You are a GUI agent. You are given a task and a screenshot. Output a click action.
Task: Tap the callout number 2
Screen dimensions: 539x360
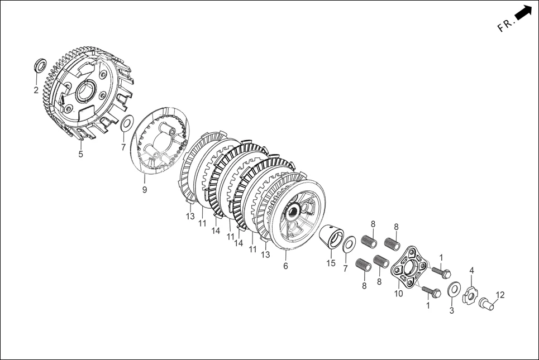tap(36, 90)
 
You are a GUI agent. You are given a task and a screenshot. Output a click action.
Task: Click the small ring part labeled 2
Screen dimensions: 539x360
tap(41, 65)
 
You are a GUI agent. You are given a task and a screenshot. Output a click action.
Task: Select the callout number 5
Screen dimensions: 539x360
tap(80, 154)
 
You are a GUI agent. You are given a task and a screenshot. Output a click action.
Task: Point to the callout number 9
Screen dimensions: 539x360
tap(144, 190)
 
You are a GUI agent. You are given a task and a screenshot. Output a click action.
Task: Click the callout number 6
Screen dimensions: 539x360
tap(285, 266)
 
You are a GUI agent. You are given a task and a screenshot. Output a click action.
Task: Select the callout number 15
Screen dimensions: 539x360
tap(331, 263)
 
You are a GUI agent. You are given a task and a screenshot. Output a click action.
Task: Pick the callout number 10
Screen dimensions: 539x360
tap(398, 294)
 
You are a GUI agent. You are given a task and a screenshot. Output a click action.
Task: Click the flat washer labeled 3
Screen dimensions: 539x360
tap(454, 289)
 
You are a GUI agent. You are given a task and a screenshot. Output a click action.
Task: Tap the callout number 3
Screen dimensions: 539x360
tap(452, 310)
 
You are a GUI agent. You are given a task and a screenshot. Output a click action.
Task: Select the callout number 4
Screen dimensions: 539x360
tap(471, 270)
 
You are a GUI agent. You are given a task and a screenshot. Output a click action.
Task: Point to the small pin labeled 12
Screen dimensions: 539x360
tap(486, 304)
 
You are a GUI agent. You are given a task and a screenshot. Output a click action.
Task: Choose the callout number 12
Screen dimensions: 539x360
tap(500, 295)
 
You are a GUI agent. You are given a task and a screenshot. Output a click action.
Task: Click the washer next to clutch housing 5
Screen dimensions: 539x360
tap(127, 124)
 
